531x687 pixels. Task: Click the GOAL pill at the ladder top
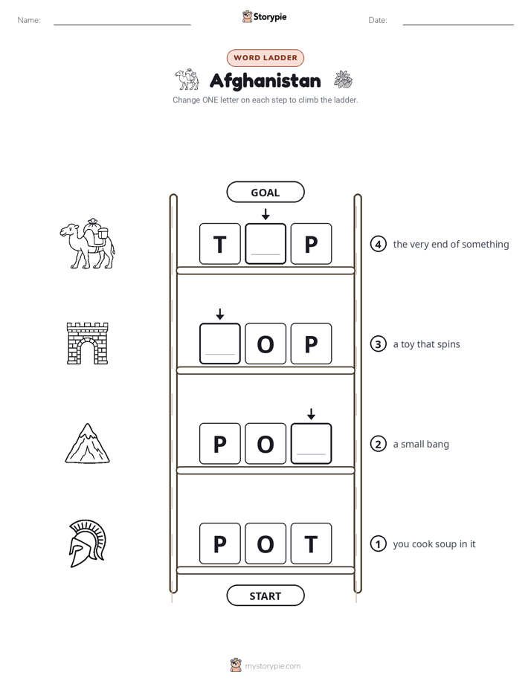(265, 192)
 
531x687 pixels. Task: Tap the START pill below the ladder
(265, 596)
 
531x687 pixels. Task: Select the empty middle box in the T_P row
(265, 244)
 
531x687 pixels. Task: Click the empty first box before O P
(220, 343)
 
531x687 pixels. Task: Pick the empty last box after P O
(311, 443)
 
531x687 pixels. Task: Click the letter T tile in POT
(311, 544)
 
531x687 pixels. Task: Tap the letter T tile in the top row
(220, 244)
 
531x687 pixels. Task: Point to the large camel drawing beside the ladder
(88, 243)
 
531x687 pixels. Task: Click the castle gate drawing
(87, 343)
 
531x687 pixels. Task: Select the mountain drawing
(87, 443)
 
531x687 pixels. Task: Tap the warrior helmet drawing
(87, 544)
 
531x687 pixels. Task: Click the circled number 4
(378, 244)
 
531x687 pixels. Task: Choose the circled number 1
(378, 544)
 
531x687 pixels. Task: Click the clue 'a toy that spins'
(426, 344)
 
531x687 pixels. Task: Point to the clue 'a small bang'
(421, 445)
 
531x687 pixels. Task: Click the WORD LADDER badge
(265, 58)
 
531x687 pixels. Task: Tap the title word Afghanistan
(265, 81)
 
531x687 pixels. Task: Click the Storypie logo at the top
(264, 16)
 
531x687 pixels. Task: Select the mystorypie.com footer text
(272, 666)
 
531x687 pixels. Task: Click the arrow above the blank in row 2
(311, 414)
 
